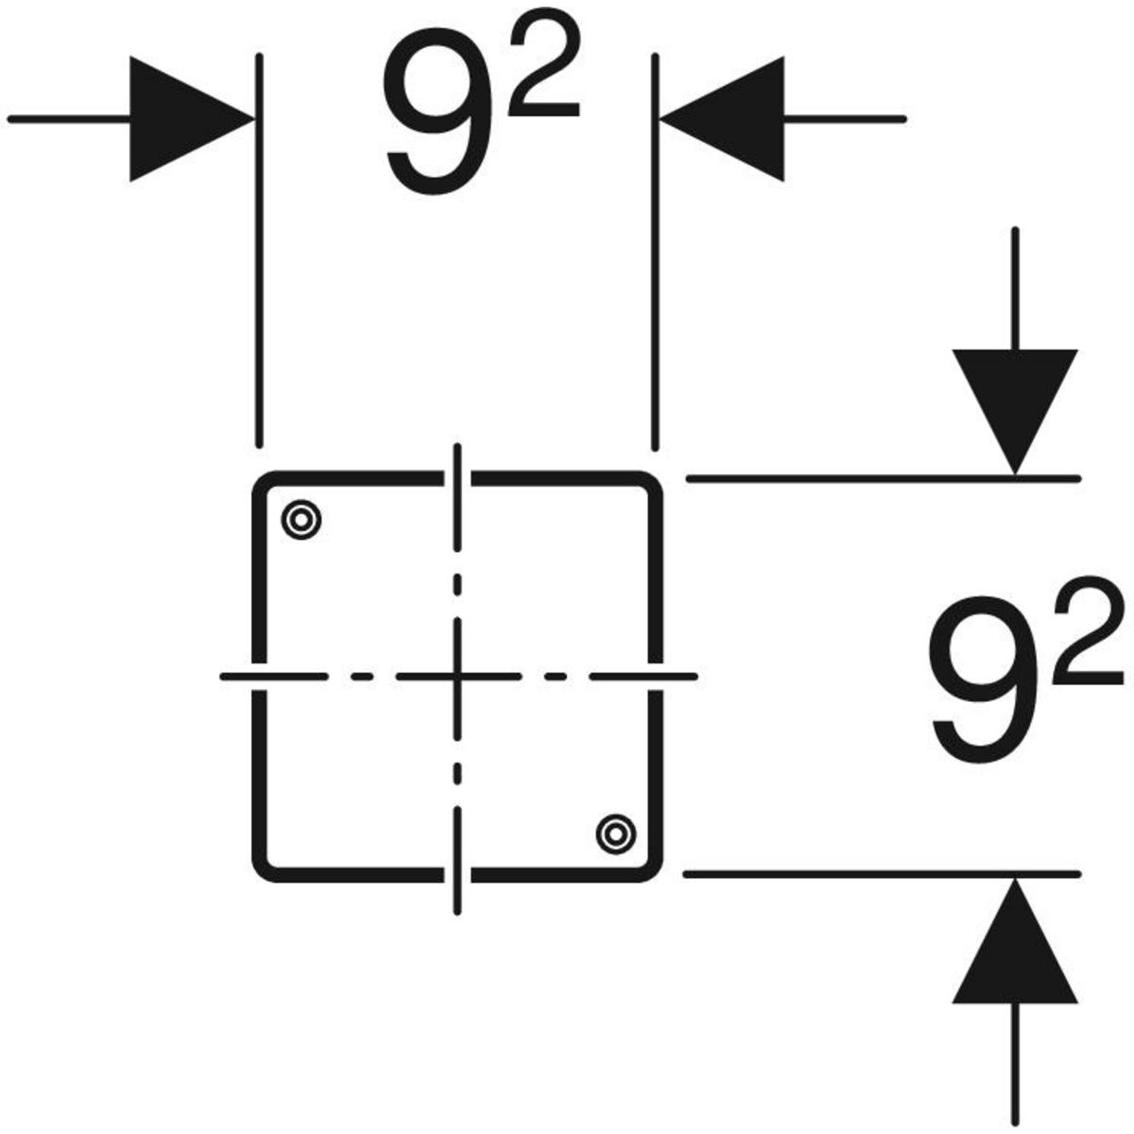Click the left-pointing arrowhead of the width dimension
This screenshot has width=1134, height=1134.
(x=725, y=119)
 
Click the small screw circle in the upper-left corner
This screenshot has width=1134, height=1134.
(x=301, y=519)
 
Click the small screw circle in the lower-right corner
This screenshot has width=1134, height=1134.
(x=615, y=833)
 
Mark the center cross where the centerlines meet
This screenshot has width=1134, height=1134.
(x=457, y=677)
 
